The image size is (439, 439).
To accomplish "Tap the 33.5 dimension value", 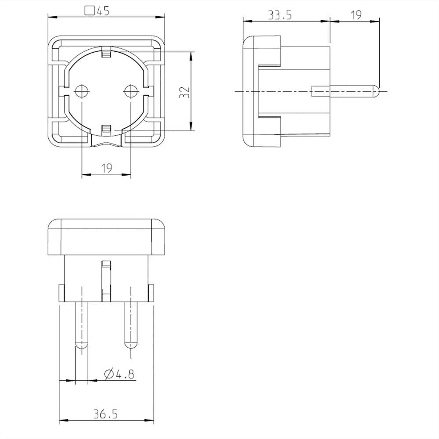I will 281,15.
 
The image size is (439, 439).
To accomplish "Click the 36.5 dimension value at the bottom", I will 105,414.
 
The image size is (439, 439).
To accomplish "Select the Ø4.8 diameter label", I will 119,374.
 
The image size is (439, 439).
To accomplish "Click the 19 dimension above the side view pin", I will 356,15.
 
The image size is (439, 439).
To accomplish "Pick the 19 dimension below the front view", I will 107,168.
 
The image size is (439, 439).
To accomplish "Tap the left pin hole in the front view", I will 82,91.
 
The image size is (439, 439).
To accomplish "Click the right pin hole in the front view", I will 131,91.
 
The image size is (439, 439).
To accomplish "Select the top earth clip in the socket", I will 106,54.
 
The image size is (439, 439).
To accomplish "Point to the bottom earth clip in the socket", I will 106,129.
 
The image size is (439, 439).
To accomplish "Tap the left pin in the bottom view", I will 82,325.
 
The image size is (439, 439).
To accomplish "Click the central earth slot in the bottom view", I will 106,280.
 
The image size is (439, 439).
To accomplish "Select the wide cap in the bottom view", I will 106,237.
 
